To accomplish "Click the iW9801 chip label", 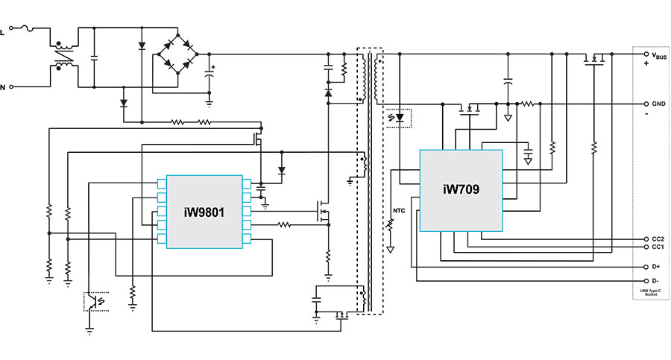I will [x=204, y=212].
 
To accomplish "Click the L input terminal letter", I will [x=3, y=31].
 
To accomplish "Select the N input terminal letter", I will [x=3, y=87].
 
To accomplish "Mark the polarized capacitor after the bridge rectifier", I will [x=209, y=73].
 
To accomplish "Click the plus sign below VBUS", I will [x=646, y=64].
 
